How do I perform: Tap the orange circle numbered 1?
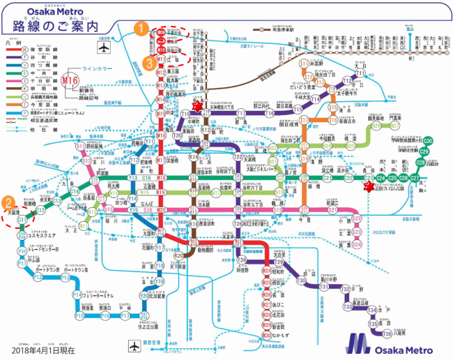(x=141, y=29)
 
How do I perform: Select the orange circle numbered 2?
(x=8, y=204)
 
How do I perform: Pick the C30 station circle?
(x=428, y=141)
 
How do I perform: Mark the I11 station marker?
(x=305, y=63)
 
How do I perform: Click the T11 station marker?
(x=360, y=73)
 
